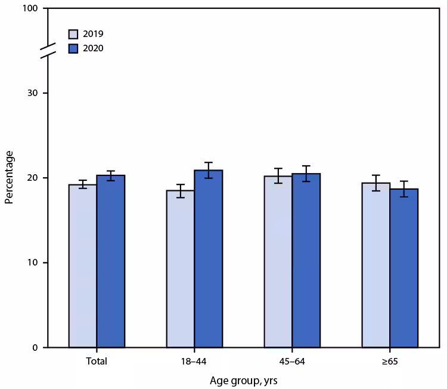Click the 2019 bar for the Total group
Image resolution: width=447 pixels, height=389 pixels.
[83, 266]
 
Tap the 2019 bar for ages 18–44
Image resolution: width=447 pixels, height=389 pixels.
[181, 269]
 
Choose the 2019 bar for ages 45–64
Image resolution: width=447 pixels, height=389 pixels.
[278, 262]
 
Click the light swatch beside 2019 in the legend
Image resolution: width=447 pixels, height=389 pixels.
[73, 34]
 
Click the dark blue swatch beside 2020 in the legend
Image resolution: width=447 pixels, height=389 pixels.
[73, 48]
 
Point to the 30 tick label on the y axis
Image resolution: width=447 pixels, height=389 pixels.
[33, 94]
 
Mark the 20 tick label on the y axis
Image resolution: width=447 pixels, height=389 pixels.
[33, 178]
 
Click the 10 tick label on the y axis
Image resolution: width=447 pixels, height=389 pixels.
[33, 263]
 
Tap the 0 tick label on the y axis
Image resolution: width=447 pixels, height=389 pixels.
[36, 348]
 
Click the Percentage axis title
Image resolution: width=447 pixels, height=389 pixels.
[10, 178]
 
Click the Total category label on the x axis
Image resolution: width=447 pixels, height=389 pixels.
[97, 362]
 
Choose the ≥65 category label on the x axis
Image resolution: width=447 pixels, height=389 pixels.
[390, 362]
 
